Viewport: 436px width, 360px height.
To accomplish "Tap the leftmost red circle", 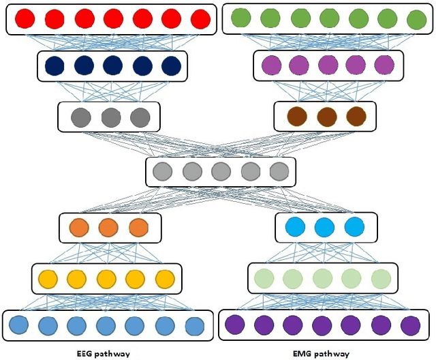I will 25,18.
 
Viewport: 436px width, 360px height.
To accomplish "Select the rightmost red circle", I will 200,18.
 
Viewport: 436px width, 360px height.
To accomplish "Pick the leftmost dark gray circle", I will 81,117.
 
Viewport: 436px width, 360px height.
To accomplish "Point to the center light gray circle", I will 221,172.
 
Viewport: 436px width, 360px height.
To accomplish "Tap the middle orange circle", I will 110,227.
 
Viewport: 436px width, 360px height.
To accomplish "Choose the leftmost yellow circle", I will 48,278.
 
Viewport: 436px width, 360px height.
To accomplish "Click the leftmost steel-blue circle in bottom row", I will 18,325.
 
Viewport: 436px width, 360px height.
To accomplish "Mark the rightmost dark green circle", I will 416,18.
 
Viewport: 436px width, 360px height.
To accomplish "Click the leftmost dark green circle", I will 240,18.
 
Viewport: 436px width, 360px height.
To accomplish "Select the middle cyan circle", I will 324,227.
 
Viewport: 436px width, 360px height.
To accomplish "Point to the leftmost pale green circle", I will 264,278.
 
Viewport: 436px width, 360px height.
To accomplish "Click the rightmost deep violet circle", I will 411,325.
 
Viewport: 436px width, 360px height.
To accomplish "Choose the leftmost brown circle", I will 297,117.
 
